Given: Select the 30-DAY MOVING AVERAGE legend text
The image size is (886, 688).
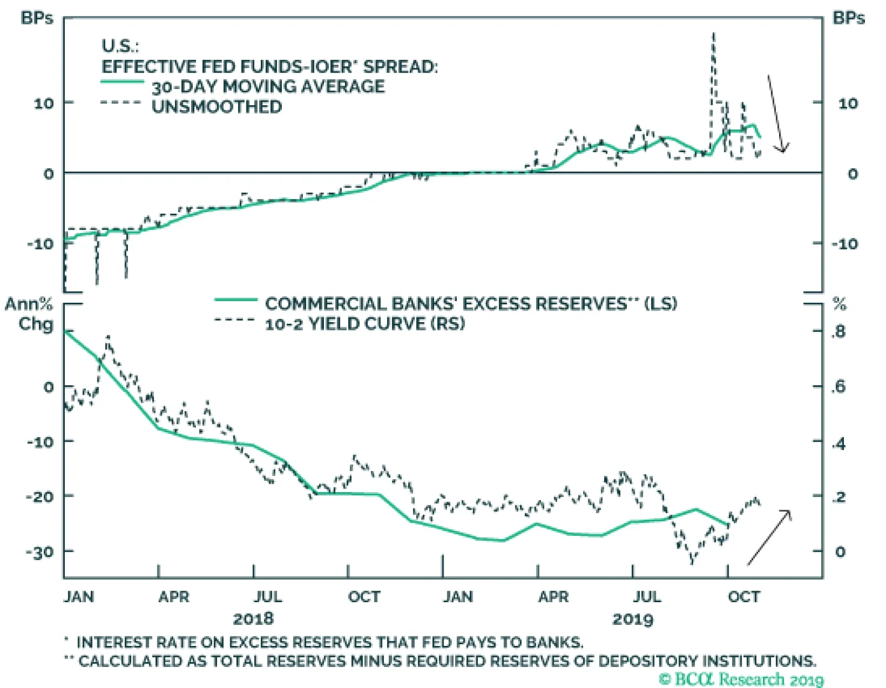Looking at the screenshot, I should (x=268, y=86).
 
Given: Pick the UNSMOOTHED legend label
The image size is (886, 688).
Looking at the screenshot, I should (x=217, y=106).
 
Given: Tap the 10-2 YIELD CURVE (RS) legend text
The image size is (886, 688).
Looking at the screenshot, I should (x=364, y=324).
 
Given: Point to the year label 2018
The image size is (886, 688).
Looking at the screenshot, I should (x=253, y=618).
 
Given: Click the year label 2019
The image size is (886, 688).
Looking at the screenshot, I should (x=632, y=618).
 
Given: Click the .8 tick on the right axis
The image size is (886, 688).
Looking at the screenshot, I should (x=838, y=332).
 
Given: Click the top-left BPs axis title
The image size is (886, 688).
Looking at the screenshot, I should (x=37, y=18).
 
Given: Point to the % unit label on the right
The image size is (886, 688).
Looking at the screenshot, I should (x=839, y=304).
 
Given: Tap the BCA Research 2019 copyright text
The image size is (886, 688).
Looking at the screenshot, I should (x=741, y=679).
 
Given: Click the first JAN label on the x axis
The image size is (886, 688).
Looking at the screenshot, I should (x=79, y=597).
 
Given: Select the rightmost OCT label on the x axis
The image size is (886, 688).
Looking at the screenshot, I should (x=744, y=597).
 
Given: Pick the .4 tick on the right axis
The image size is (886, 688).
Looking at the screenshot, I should (x=838, y=443).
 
